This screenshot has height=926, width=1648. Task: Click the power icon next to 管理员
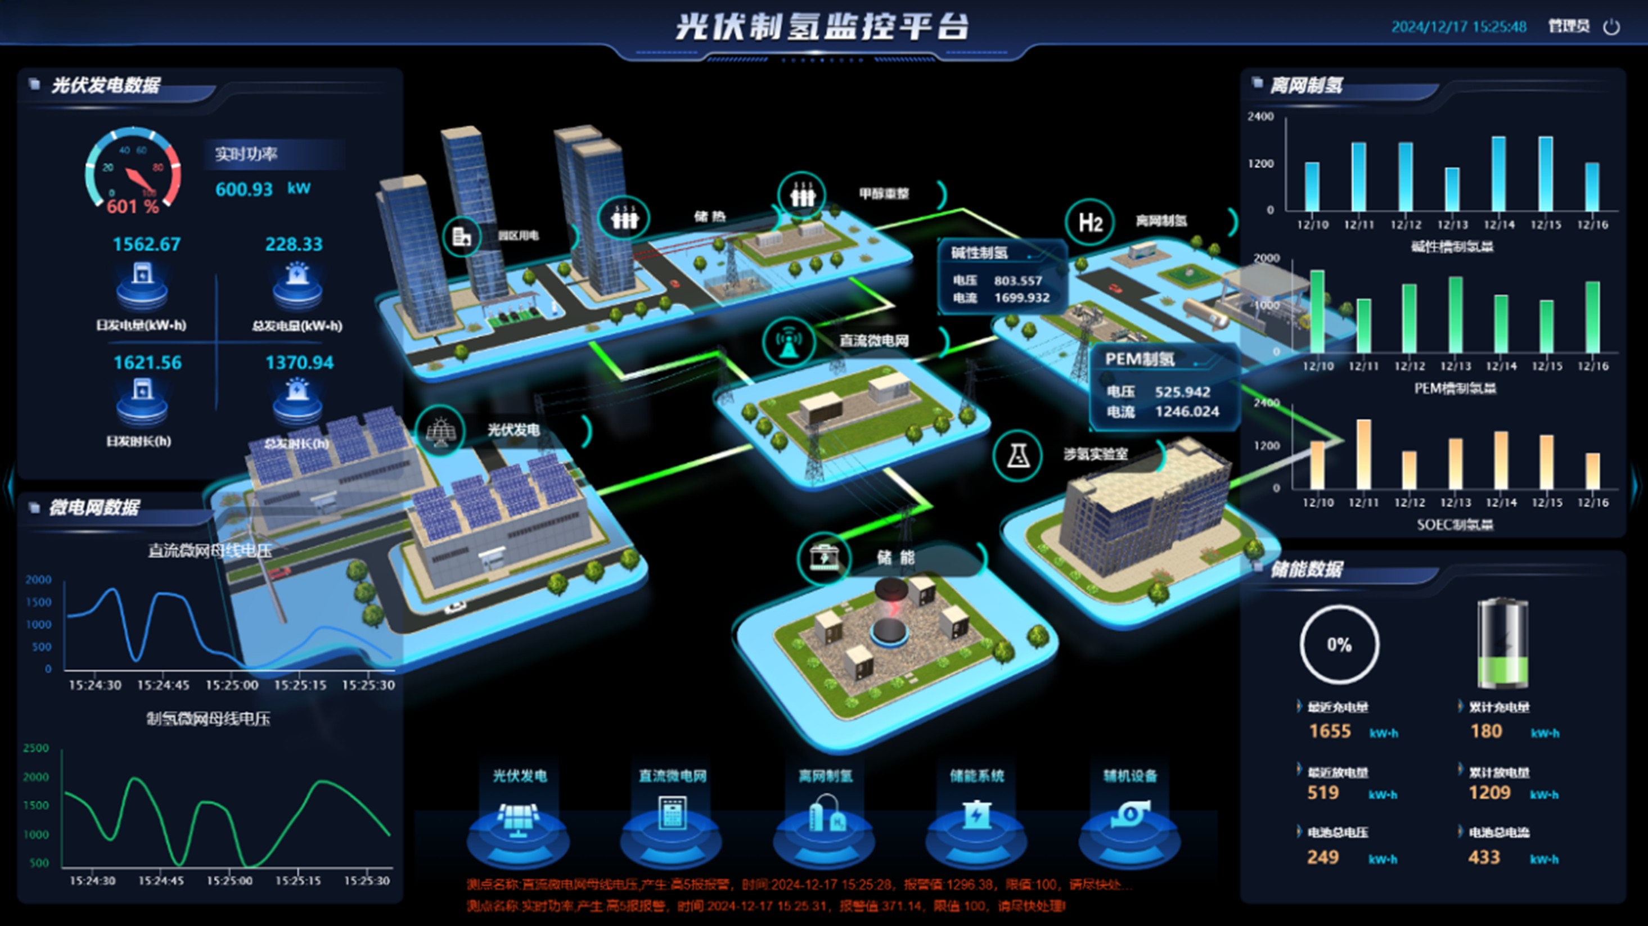pos(1611,27)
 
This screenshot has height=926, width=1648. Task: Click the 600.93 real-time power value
pos(244,189)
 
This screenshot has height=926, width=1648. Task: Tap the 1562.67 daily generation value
pos(146,244)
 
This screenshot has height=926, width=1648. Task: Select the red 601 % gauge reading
pos(132,206)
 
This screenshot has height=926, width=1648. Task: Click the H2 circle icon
pos(1090,223)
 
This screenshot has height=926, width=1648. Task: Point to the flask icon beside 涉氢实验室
pos(1018,456)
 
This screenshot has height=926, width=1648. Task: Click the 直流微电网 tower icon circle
pos(789,342)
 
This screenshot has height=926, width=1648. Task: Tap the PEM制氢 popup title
pos(1140,359)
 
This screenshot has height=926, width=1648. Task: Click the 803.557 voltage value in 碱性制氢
pos(1018,281)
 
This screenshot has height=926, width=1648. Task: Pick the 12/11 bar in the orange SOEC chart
pos(1363,454)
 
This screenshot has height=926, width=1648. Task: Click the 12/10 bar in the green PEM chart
pos(1317,311)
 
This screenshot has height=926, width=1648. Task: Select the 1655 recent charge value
pos(1330,731)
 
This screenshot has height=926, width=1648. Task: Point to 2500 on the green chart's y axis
pos(36,748)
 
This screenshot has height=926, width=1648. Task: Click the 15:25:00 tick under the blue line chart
pos(232,685)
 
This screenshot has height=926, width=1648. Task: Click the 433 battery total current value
pos(1484,857)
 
